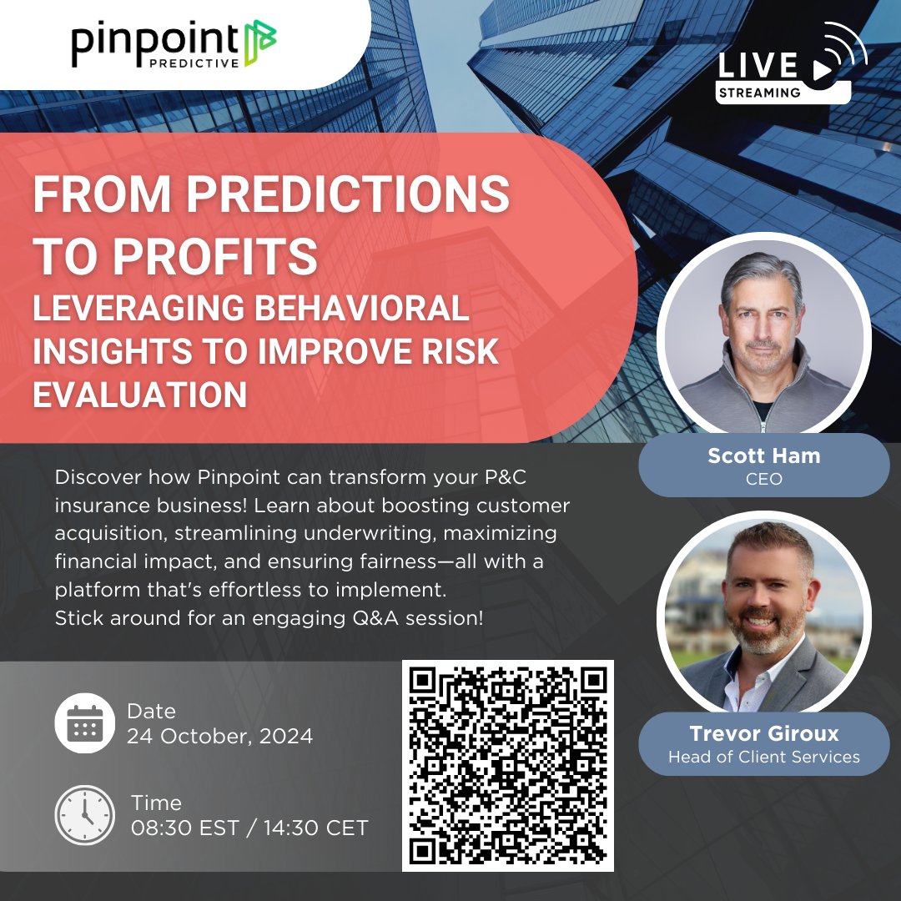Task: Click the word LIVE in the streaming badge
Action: tap(757, 66)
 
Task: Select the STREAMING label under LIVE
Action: tap(759, 93)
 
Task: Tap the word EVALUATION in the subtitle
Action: tap(139, 394)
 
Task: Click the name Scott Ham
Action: tap(763, 456)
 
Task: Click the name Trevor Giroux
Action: tap(763, 733)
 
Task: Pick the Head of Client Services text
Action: tap(763, 757)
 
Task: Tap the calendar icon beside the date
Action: tap(84, 723)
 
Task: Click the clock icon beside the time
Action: tap(84, 815)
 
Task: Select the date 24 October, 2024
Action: tap(219, 737)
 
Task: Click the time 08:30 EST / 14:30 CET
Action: tap(249, 828)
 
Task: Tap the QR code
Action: tap(508, 765)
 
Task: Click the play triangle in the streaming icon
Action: tap(821, 70)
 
